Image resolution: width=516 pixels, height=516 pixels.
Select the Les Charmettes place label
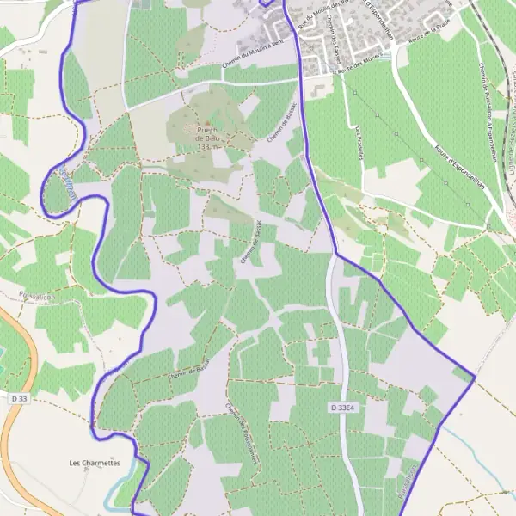[95, 462]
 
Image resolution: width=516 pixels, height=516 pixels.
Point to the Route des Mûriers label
[359, 74]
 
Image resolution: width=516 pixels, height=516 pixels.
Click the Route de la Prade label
[430, 35]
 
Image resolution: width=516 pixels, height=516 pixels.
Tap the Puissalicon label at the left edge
[34, 294]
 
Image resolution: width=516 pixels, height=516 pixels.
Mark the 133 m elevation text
[205, 148]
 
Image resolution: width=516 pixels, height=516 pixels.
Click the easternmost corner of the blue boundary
[475, 378]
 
